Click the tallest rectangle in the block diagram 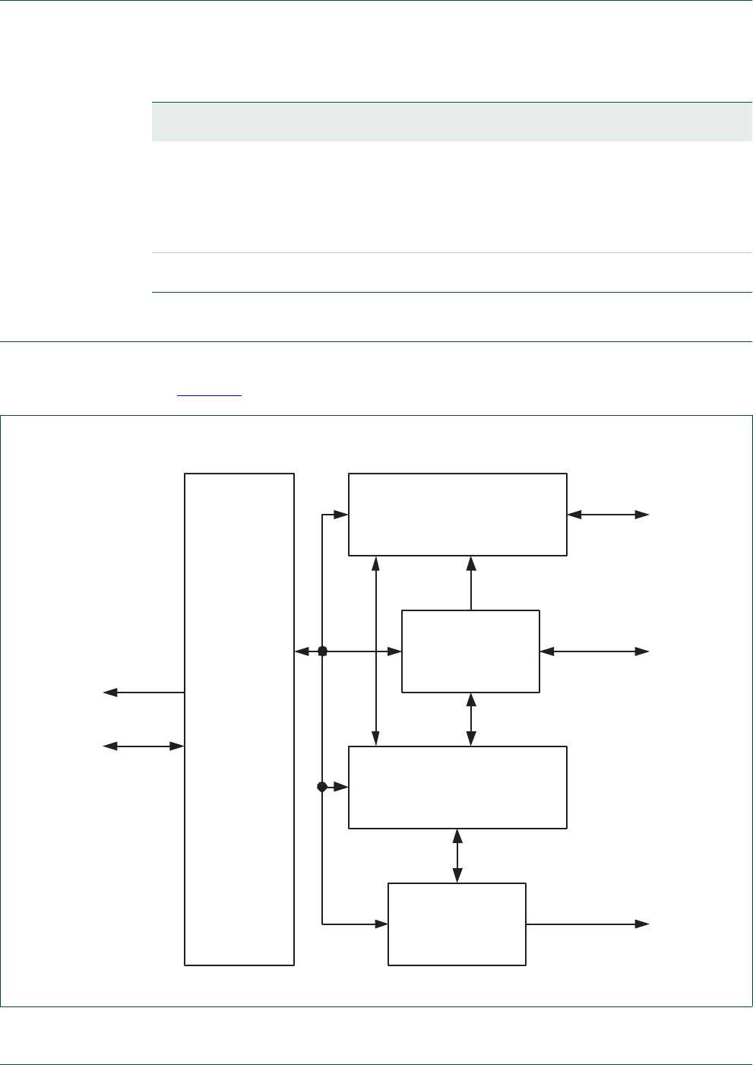tap(239, 718)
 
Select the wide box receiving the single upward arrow tap(457, 515)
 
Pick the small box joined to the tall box tap(470, 651)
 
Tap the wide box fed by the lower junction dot tap(457, 787)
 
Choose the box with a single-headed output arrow tap(457, 924)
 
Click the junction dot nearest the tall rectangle tap(322, 651)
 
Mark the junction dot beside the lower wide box tap(322, 787)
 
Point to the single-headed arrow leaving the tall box tap(144, 693)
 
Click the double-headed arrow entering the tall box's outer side tap(144, 746)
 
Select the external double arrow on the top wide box tap(608, 515)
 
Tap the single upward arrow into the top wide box tap(471, 582)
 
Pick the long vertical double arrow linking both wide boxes tap(375, 651)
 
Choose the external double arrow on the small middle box tap(594, 651)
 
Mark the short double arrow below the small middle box tap(471, 719)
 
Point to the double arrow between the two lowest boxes tap(457, 855)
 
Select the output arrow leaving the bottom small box tap(587, 924)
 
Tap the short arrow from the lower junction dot tap(335, 788)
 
